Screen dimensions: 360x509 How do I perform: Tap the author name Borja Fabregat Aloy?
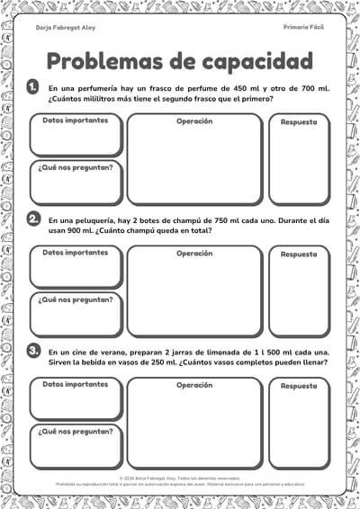tap(66, 29)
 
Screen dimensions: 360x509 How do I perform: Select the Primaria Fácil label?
tap(302, 28)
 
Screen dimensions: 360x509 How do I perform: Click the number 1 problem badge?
tap(33, 86)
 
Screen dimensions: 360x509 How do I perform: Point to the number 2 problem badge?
tap(33, 219)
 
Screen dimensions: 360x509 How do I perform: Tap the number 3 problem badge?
tap(33, 350)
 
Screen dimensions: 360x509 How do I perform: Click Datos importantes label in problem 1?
tap(76, 121)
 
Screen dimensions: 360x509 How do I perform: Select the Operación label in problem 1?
tap(194, 121)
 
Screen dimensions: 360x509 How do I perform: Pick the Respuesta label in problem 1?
tap(299, 121)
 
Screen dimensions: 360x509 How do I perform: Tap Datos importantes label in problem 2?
tap(76, 253)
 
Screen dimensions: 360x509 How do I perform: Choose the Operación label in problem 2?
tap(194, 253)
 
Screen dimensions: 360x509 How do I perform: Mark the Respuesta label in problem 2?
tap(299, 254)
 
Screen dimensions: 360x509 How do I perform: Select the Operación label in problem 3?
tap(194, 385)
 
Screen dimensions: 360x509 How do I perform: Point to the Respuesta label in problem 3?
tap(299, 386)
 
